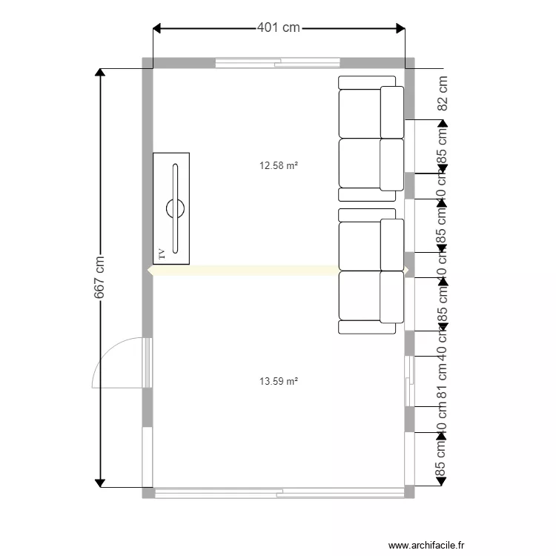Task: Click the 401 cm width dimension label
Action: coord(279,27)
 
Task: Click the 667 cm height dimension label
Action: coord(99,278)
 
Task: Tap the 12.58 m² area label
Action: coord(279,166)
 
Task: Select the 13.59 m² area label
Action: coord(279,382)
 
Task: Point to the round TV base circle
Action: coord(176,208)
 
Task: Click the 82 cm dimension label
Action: coord(443,93)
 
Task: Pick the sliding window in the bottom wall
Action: coord(279,492)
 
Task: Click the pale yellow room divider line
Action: coord(245,271)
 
